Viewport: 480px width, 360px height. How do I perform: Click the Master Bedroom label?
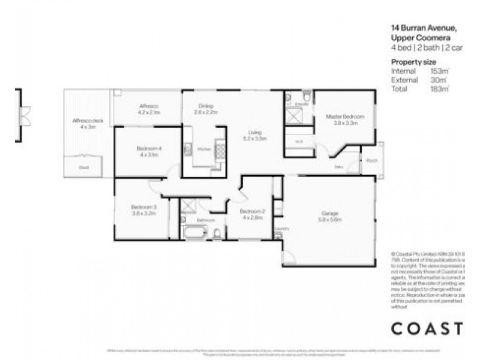[341, 116]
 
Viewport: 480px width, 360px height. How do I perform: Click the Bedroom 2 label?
[252, 212]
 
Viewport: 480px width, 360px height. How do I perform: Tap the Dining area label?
[204, 106]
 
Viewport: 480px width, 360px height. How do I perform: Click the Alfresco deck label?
[84, 121]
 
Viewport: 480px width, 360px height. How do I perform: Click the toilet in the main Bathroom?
[217, 233]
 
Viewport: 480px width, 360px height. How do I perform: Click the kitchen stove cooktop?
[220, 148]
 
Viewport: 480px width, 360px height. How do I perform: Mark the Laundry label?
[278, 229]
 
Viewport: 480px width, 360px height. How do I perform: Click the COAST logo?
[427, 329]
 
